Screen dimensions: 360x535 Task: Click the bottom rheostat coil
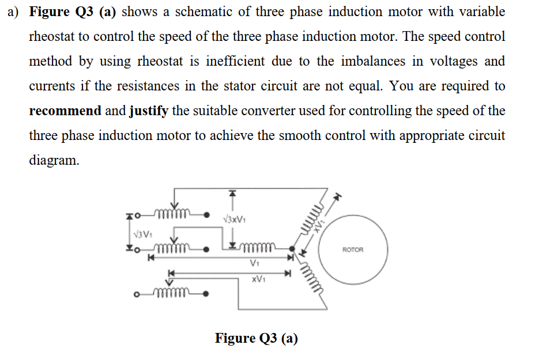coord(170,295)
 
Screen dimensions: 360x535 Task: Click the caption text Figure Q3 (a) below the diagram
coord(256,338)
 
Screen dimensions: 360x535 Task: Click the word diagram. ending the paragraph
coord(54,160)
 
